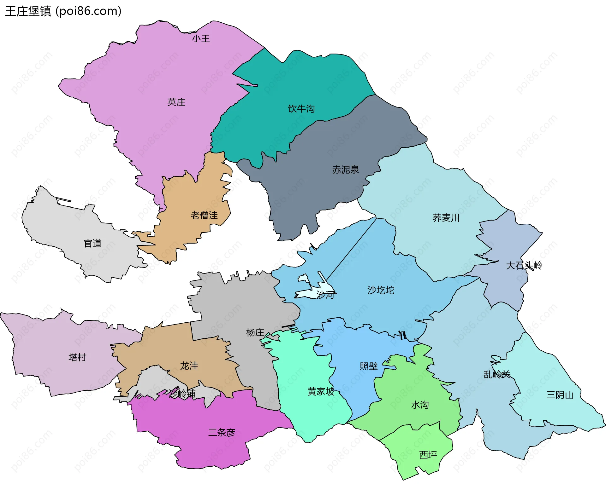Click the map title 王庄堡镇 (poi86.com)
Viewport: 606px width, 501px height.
(63, 11)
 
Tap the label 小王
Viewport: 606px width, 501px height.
(201, 39)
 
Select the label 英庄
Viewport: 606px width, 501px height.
(176, 102)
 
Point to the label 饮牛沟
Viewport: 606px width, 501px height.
(301, 109)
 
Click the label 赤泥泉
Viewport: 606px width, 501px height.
(345, 170)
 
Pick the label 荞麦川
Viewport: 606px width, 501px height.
(446, 218)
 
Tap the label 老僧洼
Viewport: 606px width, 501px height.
(204, 216)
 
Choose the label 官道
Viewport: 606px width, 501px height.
(92, 243)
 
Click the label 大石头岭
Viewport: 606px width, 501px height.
(524, 266)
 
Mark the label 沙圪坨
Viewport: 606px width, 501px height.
(381, 290)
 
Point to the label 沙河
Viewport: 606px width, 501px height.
(325, 295)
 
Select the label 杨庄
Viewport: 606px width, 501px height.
(255, 332)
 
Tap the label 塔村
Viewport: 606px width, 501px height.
(77, 357)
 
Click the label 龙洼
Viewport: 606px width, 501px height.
(189, 366)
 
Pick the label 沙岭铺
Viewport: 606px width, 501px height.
(182, 394)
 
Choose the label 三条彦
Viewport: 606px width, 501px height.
(222, 433)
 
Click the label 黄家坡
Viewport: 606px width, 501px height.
(321, 392)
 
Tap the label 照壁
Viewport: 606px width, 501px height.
(368, 366)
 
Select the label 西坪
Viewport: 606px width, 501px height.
(428, 455)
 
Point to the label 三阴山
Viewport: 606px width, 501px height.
(560, 395)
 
